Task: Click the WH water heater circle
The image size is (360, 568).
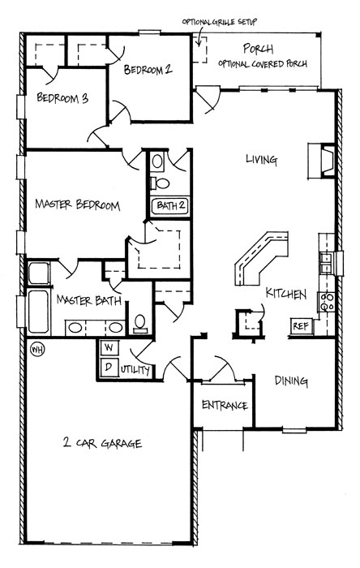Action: coord(37,349)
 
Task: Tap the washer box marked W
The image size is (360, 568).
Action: coord(109,348)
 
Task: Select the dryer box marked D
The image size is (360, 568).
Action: coord(109,368)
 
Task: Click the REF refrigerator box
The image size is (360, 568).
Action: coord(301,326)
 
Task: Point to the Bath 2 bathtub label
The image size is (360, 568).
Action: coord(170,206)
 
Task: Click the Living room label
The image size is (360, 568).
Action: coord(262,160)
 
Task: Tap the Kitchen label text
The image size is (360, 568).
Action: coord(286,294)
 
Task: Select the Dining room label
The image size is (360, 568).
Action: coord(291,381)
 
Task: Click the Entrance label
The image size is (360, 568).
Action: coord(225,405)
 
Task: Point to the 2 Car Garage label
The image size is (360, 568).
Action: coord(102,443)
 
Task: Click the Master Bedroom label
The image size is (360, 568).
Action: coord(77,204)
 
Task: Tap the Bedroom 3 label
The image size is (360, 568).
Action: coord(62,98)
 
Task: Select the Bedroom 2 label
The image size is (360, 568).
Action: coord(148,69)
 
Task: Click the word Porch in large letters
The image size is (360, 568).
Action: coord(258,49)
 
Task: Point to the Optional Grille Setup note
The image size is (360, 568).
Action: coord(219,22)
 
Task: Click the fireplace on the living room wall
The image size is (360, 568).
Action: coord(322,161)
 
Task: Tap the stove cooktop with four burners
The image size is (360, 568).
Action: coord(327,302)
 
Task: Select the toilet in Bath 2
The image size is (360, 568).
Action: coord(160,183)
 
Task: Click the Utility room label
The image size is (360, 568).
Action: coord(135,370)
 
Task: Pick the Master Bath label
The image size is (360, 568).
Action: coord(89,300)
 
